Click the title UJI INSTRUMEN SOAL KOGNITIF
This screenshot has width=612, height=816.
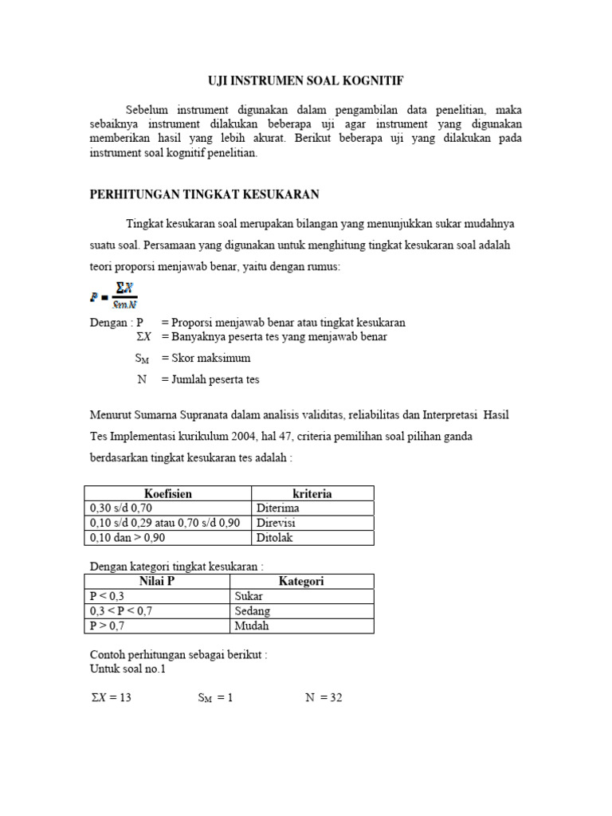(306, 80)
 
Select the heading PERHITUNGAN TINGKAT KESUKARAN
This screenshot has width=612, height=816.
(204, 194)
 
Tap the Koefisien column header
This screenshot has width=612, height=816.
(167, 494)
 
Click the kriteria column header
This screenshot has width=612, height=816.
(312, 494)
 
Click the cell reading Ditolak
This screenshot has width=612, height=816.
(275, 538)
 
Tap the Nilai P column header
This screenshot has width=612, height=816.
(157, 582)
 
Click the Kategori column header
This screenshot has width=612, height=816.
(301, 582)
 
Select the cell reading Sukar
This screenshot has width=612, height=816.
(249, 596)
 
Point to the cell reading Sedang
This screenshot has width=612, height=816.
(253, 611)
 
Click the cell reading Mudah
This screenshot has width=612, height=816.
(252, 626)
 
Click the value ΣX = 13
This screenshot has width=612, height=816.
(111, 698)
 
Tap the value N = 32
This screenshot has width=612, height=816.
(324, 698)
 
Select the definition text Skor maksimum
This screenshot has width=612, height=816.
(206, 359)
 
